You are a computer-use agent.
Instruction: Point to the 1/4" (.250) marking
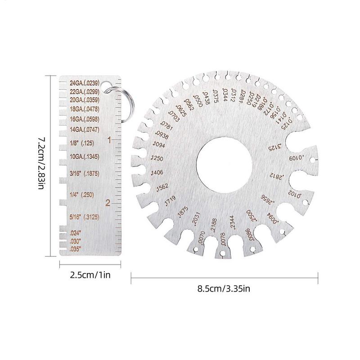point(81,194)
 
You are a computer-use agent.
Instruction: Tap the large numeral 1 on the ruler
point(108,140)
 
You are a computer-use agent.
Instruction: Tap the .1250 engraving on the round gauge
point(157,158)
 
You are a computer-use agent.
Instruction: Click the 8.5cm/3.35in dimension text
point(224,288)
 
